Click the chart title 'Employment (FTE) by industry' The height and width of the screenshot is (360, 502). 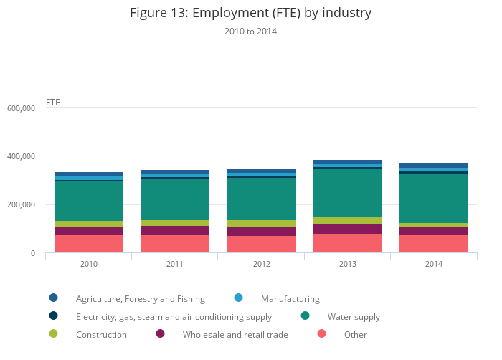(250, 13)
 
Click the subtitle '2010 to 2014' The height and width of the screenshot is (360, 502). (250, 32)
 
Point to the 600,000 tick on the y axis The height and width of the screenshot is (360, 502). (22, 108)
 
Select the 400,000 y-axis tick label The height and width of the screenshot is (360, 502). (22, 156)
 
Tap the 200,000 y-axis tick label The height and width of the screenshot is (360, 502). (22, 205)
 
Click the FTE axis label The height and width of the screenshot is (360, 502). (53, 102)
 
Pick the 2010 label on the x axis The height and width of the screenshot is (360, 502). (89, 265)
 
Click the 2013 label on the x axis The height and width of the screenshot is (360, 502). (348, 265)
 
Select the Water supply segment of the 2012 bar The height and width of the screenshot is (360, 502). (261, 199)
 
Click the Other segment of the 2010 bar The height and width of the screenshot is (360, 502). (89, 244)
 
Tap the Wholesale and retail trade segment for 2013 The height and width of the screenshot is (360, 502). (348, 229)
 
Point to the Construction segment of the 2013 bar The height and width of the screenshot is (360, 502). (348, 220)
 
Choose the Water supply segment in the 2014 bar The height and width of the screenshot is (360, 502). (434, 198)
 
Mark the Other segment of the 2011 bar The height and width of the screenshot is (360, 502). (175, 244)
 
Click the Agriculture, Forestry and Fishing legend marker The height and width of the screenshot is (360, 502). (53, 298)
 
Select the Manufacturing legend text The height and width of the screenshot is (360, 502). (290, 299)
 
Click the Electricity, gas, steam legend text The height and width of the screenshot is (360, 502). (174, 317)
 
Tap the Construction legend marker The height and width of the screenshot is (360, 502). (53, 333)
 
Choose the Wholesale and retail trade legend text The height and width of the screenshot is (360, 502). (235, 335)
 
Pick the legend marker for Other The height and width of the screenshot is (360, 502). (321, 333)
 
